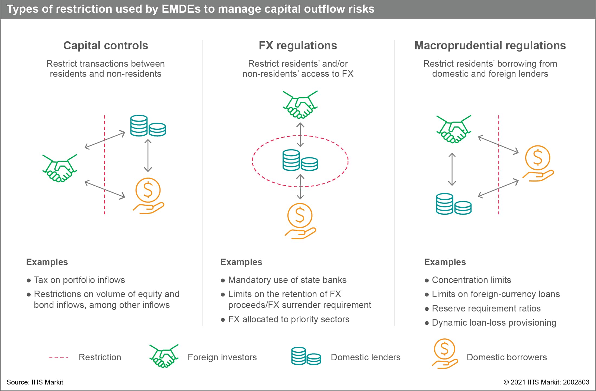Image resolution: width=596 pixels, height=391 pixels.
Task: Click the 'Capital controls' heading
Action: (105, 46)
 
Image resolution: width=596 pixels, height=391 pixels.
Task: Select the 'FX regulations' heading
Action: (298, 46)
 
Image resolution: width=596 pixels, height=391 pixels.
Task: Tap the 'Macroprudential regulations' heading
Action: (490, 46)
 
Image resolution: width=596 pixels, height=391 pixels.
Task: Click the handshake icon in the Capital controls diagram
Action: (60, 168)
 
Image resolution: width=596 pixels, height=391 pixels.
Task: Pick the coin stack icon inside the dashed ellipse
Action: (300, 160)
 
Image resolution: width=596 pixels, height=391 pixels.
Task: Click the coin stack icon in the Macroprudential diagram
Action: (453, 204)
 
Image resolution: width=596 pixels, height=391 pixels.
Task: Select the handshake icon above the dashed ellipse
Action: (300, 104)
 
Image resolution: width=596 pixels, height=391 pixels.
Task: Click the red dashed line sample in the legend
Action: (58, 358)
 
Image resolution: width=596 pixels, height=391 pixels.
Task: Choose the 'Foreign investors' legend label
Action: (222, 357)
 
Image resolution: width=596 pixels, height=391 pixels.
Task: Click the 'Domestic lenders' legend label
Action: (366, 357)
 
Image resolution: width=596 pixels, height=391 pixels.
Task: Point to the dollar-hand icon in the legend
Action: (444, 354)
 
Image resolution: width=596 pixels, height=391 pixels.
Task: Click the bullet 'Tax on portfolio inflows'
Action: (79, 280)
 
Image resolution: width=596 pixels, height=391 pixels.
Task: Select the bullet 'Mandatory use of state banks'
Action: (287, 280)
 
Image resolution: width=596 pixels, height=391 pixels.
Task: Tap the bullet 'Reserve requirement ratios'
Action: (486, 309)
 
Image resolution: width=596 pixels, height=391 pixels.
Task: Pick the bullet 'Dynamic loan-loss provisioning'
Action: (494, 323)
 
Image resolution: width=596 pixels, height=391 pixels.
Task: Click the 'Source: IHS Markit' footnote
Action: (35, 382)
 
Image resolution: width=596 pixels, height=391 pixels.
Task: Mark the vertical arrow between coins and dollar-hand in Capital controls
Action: (148, 156)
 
